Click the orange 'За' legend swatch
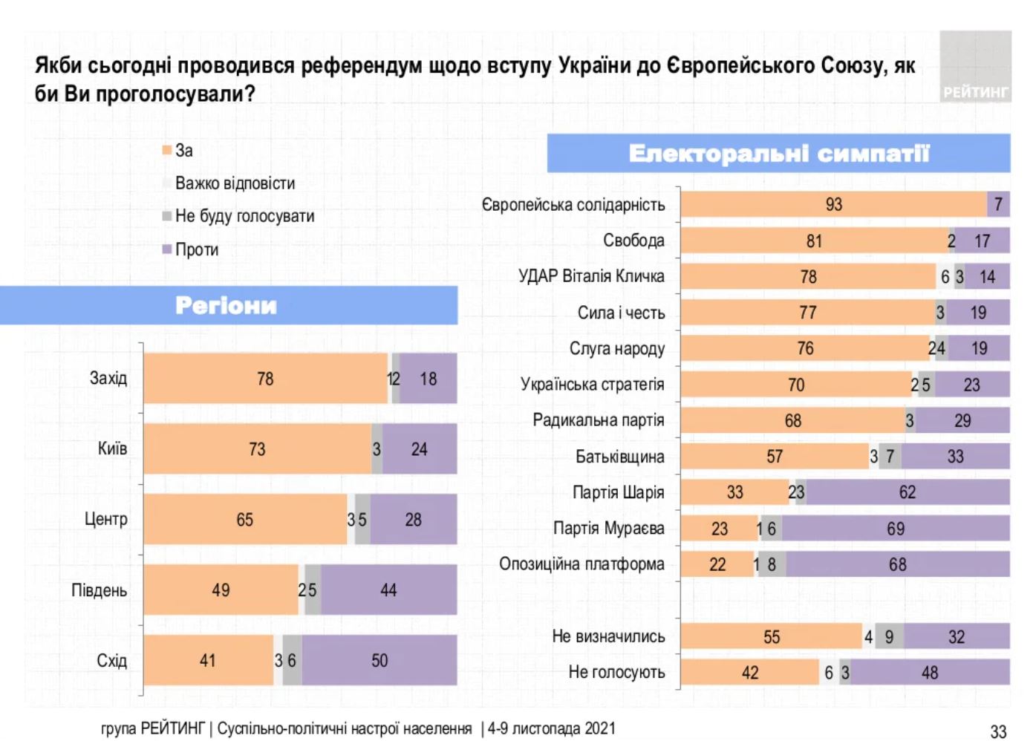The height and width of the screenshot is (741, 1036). point(167,151)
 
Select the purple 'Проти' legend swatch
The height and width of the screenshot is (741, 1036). point(167,249)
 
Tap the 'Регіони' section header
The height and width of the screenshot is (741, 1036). point(227,305)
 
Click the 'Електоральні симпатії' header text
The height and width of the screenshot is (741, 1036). point(778,154)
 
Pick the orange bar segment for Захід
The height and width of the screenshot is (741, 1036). point(265,379)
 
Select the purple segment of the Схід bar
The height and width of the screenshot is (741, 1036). point(379,660)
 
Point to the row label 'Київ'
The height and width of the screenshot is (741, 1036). point(112,448)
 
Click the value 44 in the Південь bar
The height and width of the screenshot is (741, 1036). point(388,590)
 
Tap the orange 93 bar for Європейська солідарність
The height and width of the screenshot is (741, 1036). point(833,205)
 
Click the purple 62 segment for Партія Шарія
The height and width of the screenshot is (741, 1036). point(908,492)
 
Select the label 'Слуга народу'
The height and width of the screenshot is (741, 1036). point(616,349)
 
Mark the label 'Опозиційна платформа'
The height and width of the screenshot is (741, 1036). point(581,564)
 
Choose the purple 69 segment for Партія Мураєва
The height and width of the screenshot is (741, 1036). point(896,529)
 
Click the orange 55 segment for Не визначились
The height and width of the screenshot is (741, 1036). point(772,637)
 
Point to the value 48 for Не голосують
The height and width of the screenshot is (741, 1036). point(930,673)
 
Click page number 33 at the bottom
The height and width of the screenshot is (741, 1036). point(998,731)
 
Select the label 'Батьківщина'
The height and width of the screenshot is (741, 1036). point(619,457)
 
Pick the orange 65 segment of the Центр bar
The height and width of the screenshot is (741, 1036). point(245,520)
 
